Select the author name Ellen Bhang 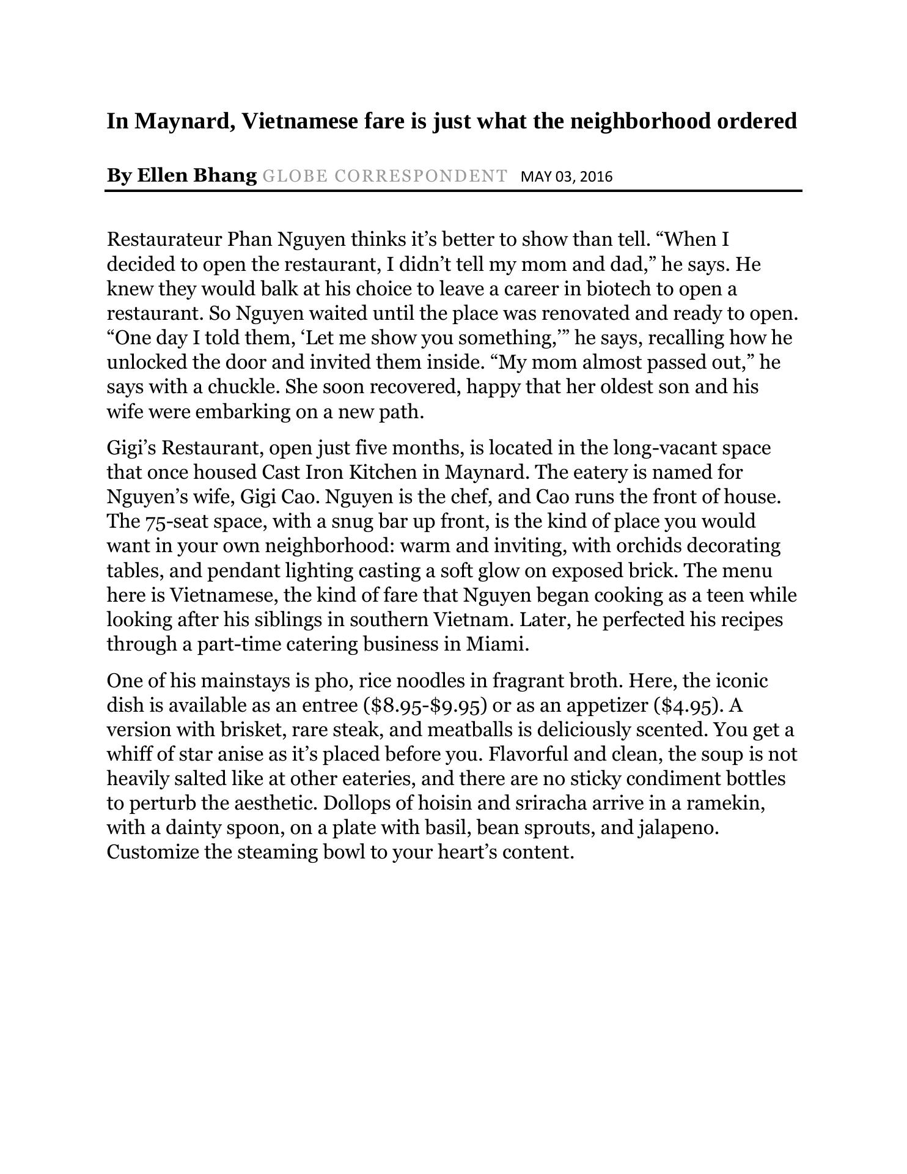(196, 175)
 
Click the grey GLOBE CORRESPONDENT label (384, 176)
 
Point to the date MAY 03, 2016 (566, 177)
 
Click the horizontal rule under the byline (453, 191)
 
